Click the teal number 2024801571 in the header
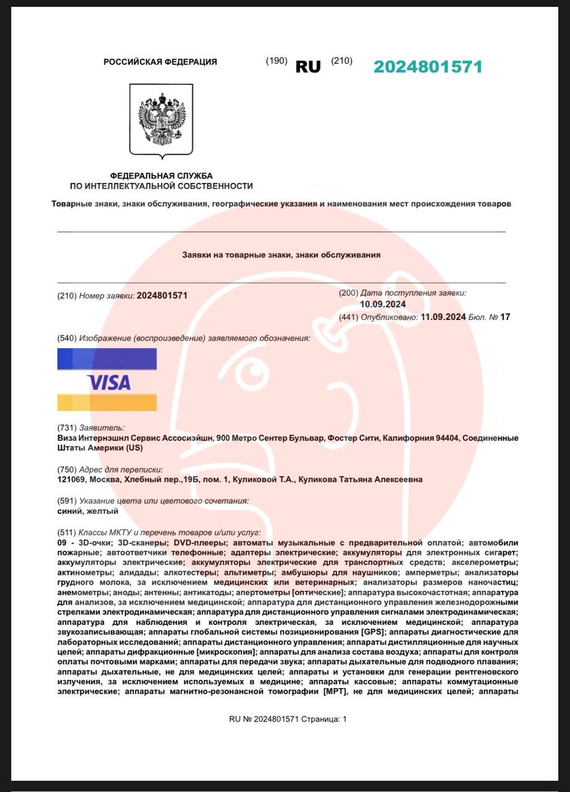[428, 67]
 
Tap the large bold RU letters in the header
[308, 67]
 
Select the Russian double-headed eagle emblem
[161, 119]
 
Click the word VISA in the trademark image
[109, 382]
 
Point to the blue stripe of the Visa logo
[106, 359]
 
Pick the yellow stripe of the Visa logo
[106, 402]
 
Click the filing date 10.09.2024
[382, 304]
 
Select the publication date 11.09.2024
[443, 317]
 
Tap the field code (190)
[277, 61]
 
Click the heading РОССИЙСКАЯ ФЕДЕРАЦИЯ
[160, 62]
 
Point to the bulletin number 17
[505, 317]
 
